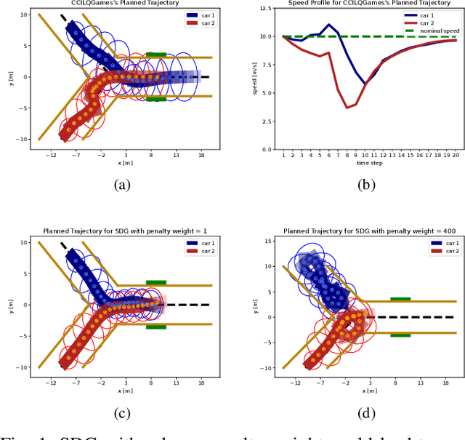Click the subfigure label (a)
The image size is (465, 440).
click(122, 185)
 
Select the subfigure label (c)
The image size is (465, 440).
click(122, 413)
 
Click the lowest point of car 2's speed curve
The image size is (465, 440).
click(347, 108)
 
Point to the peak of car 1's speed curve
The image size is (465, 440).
click(329, 25)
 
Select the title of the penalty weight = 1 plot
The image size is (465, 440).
click(122, 231)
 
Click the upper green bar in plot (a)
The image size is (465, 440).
click(156, 55)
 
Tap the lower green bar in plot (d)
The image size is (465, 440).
click(400, 335)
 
